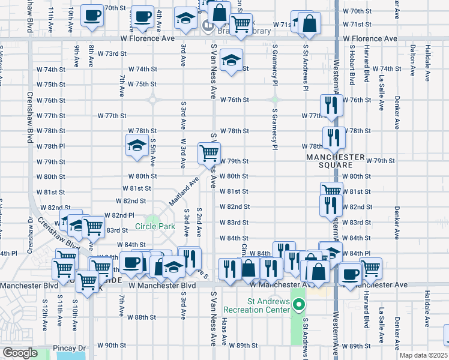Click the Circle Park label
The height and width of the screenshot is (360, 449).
tap(155, 226)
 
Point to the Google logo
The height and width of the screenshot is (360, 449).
tap(19, 353)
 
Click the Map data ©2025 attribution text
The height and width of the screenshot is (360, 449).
tap(426, 355)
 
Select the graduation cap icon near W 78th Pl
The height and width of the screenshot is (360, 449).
tap(137, 145)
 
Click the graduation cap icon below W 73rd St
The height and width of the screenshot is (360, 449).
tap(230, 59)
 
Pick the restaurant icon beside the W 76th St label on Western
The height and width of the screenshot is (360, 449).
tap(331, 105)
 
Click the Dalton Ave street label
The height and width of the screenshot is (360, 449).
tap(412, 62)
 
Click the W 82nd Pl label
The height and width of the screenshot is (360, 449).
tap(119, 215)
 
